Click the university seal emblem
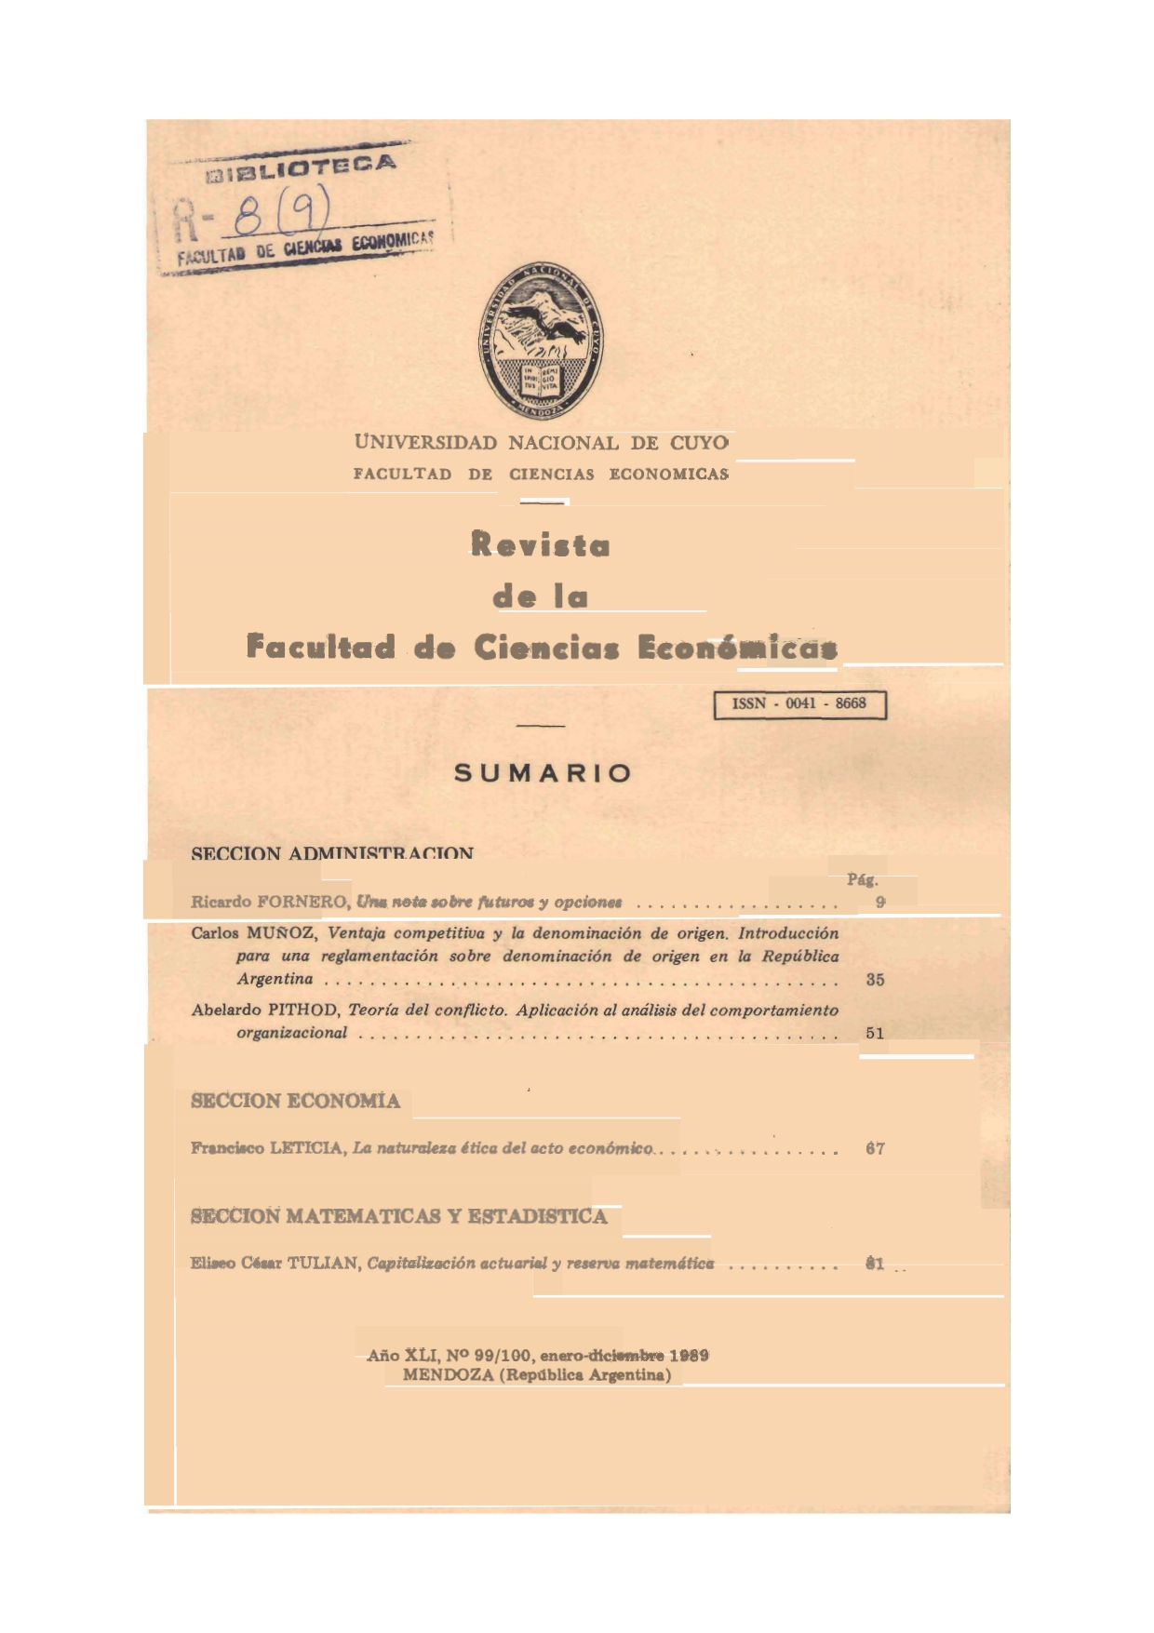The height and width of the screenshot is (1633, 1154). (540, 340)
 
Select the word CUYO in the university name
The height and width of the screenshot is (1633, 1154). (699, 443)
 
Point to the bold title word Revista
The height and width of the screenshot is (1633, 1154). (540, 544)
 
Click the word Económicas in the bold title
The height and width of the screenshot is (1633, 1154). (737, 647)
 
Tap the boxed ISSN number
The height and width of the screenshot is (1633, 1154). (799, 704)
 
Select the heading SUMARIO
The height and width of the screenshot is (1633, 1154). (543, 773)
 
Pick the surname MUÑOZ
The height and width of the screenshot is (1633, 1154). (281, 933)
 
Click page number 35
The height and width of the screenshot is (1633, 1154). (875, 980)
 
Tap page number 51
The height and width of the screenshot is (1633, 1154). (875, 1033)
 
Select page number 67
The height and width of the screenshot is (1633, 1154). (875, 1149)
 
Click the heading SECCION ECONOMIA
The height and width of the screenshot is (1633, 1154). (295, 1102)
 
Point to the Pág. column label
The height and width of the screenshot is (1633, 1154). (863, 879)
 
